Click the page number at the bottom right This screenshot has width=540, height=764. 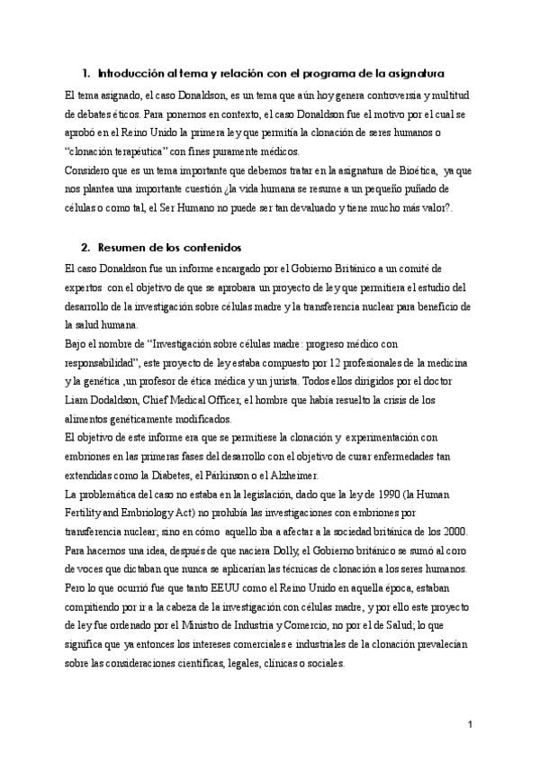[471, 725]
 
